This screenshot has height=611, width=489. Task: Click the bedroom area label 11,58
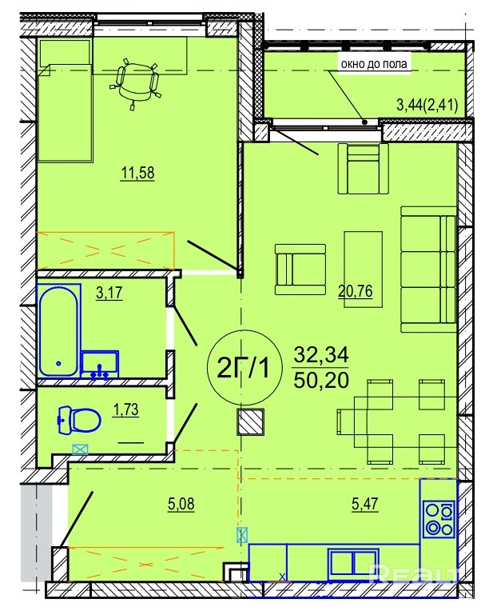(x=137, y=173)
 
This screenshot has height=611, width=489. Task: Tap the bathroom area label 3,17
(x=109, y=293)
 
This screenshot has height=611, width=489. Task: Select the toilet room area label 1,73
(x=125, y=410)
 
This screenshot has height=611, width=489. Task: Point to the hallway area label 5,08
(x=181, y=504)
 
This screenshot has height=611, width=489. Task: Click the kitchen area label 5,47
(x=365, y=504)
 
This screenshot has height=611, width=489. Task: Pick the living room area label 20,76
(x=356, y=291)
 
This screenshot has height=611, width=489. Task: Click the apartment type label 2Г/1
(x=243, y=368)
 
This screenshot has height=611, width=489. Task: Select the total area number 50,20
(x=321, y=381)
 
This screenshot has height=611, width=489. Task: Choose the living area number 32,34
(x=321, y=354)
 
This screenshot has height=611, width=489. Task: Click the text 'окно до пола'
(x=374, y=64)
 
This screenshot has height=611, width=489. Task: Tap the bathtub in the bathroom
(x=59, y=331)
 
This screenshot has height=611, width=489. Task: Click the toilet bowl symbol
(x=79, y=420)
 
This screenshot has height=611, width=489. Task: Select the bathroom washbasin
(x=100, y=365)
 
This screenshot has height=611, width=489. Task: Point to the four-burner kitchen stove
(x=439, y=519)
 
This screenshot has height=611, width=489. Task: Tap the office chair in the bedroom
(x=136, y=82)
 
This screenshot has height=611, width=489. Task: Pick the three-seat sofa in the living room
(x=428, y=270)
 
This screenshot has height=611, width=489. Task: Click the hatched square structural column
(x=250, y=421)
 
